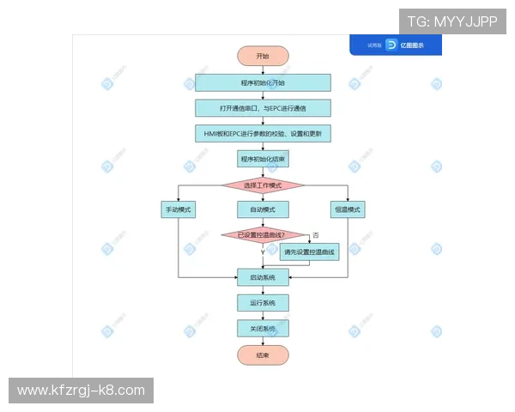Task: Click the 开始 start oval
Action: (263, 56)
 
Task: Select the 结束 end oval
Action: (263, 355)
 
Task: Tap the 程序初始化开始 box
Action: (263, 83)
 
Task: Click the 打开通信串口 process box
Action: (263, 109)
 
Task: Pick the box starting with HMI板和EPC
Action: (263, 134)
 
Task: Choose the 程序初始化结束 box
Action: (263, 159)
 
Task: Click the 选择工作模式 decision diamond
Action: (263, 185)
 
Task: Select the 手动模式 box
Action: (178, 210)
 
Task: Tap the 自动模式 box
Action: (263, 210)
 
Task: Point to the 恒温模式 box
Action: (348, 210)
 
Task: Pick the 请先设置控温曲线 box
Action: (310, 252)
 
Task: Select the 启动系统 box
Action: (263, 277)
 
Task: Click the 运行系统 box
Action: (263, 303)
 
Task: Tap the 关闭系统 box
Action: (263, 329)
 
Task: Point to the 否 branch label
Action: (316, 234)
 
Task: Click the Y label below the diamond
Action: (263, 252)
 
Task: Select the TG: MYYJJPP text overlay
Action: (452, 21)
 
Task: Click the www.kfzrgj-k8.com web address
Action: (82, 391)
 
